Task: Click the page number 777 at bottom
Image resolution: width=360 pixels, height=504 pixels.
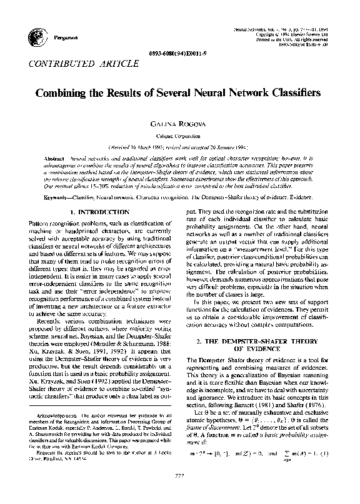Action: (x=179, y=493)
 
